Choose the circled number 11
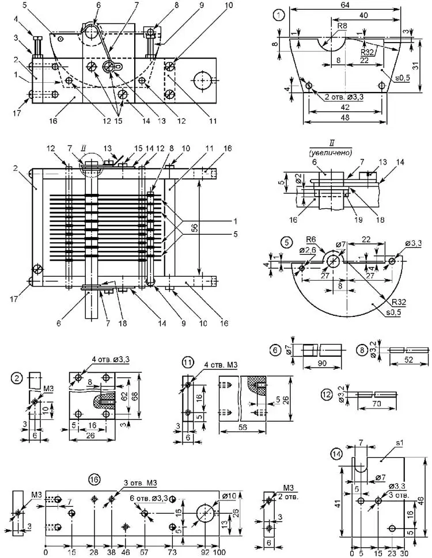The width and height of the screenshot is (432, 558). pos(188,362)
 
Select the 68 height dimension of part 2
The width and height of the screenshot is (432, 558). pos(142,397)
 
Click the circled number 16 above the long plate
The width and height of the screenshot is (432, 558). pos(93,479)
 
